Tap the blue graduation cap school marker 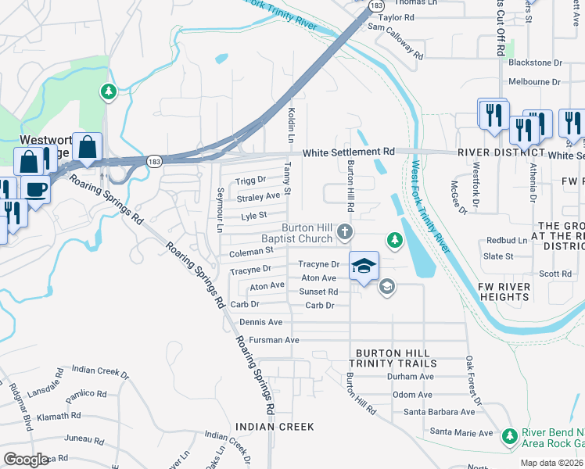[x=364, y=266]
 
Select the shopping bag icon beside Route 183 [x=88, y=146]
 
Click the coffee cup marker [x=35, y=188]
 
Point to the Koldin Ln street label [x=292, y=124]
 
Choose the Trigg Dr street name [x=251, y=181]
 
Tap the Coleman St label [x=250, y=252]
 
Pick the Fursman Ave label [x=274, y=340]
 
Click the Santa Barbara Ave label [x=439, y=411]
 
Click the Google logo [x=26, y=460]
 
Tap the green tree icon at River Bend [x=510, y=435]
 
